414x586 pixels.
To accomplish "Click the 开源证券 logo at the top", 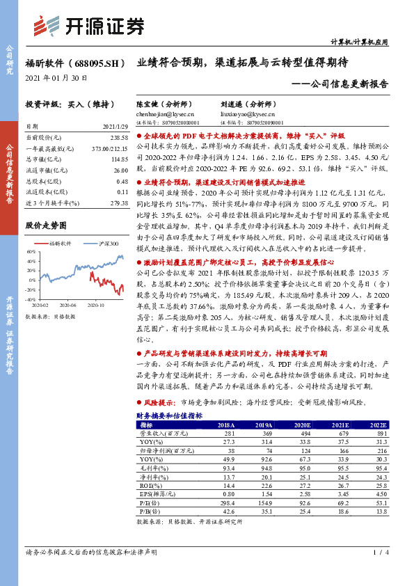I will point(88,26).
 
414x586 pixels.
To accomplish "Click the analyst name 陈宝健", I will point(148,102).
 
